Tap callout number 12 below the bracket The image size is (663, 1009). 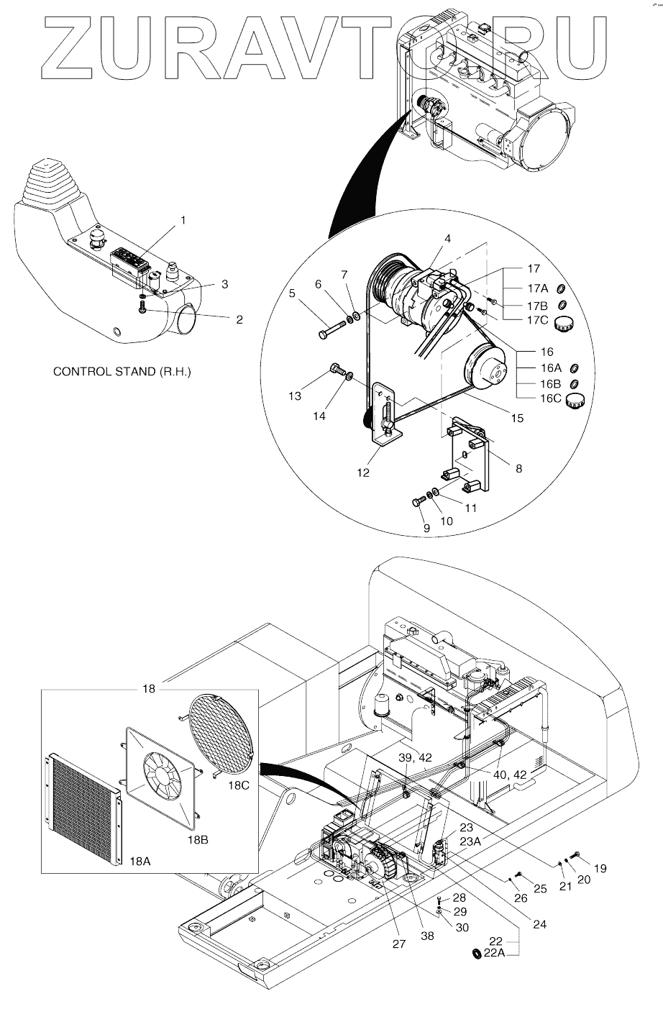[x=362, y=473]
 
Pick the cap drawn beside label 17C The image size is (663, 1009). [x=562, y=324]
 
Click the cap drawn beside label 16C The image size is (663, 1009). [x=575, y=401]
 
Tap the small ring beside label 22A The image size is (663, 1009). [x=475, y=954]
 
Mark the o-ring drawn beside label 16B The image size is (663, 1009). [x=575, y=383]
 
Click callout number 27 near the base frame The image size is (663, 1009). [x=398, y=944]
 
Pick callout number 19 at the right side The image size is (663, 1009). [x=600, y=869]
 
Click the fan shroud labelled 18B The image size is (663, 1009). [x=162, y=777]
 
